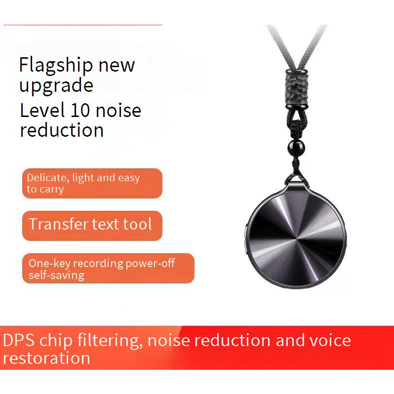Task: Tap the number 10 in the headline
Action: tap(80, 110)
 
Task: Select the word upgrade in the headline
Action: tap(56, 86)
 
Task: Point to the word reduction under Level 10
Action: tap(62, 130)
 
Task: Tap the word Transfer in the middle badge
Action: tap(58, 224)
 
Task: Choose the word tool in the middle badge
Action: tap(137, 224)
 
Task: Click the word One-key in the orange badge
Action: tap(49, 264)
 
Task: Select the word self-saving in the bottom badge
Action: tap(56, 275)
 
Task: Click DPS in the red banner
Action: tap(19, 340)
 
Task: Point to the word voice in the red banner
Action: tap(330, 340)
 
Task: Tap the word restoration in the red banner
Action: tap(46, 358)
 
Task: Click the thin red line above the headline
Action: tap(82, 25)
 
